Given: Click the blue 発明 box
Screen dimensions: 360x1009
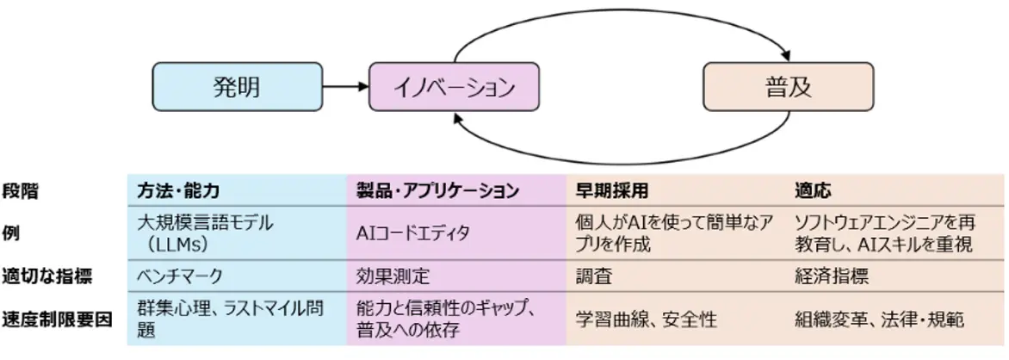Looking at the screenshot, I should [237, 87].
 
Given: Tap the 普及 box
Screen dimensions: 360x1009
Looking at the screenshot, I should [788, 87].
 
